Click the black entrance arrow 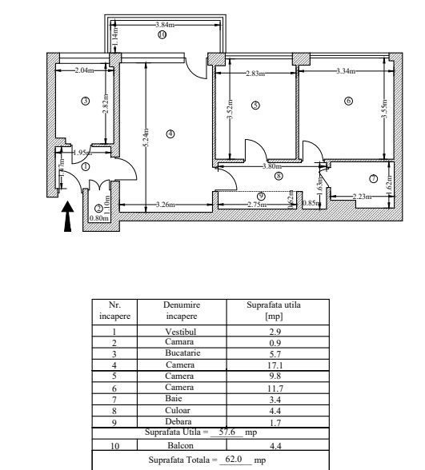point(68,216)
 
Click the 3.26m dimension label point(166,204)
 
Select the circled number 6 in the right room point(348,101)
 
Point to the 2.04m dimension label point(83,70)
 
